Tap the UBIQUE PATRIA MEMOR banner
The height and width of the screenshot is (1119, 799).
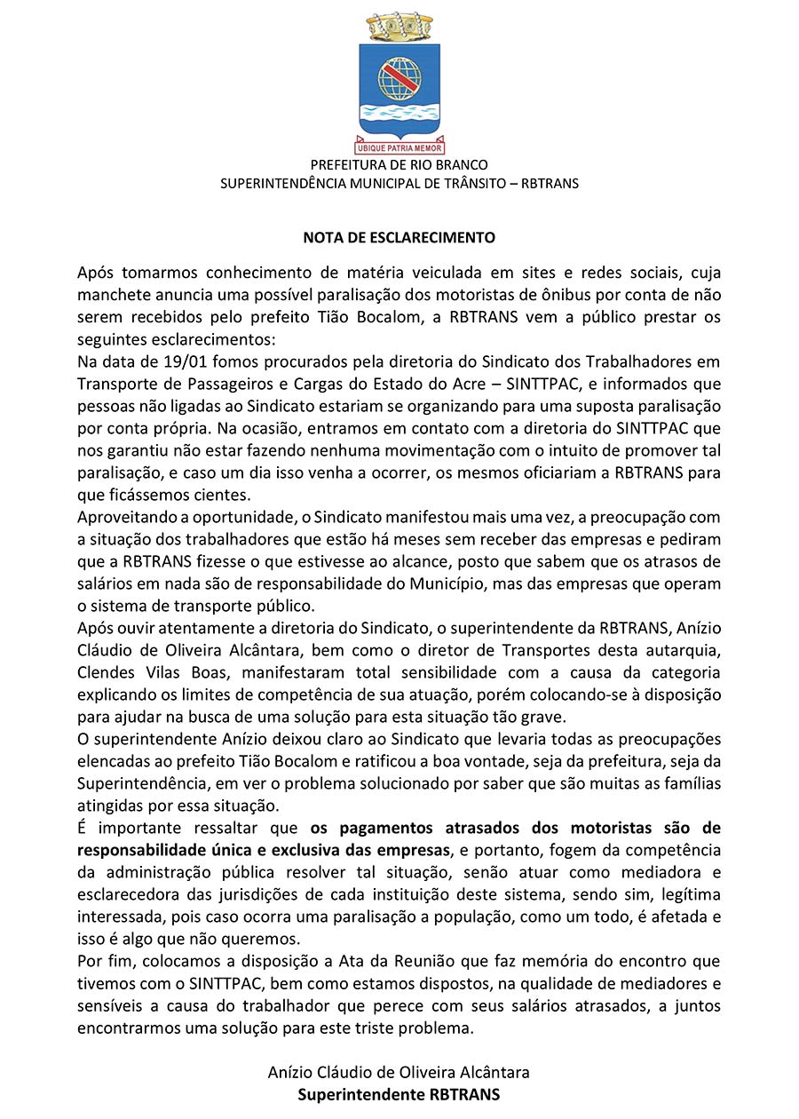coord(399,147)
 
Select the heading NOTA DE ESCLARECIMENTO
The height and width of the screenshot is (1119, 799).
coord(399,238)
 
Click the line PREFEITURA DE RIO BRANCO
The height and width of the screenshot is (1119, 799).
coord(399,165)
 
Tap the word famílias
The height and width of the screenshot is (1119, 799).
coord(689,783)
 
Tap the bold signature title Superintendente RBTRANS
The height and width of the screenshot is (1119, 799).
coord(399,1095)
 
